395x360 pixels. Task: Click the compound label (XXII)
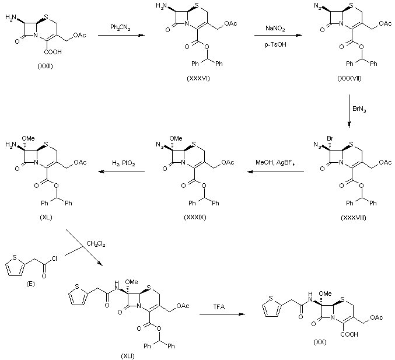tap(46, 67)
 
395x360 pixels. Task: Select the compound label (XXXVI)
tap(198, 78)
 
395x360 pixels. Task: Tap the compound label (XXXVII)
tap(349, 78)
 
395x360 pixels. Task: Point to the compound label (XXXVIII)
tap(354, 218)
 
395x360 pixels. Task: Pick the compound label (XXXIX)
tap(195, 217)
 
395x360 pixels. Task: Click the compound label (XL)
tap(46, 217)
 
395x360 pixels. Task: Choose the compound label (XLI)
tap(128, 356)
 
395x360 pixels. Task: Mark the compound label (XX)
tap(320, 342)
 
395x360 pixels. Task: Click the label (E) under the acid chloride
tap(30, 284)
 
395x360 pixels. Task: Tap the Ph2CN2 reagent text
tap(120, 27)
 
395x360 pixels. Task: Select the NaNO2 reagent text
tap(275, 28)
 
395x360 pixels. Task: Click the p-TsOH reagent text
tap(275, 44)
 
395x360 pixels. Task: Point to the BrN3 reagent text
tap(359, 109)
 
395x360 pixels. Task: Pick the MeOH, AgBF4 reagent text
tap(275, 162)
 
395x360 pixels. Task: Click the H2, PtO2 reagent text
tap(124, 163)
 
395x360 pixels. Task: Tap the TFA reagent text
tap(219, 307)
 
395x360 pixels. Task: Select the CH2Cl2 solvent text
tap(96, 244)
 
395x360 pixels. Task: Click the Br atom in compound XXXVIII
tap(330, 138)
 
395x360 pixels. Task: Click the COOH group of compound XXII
tap(53, 52)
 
